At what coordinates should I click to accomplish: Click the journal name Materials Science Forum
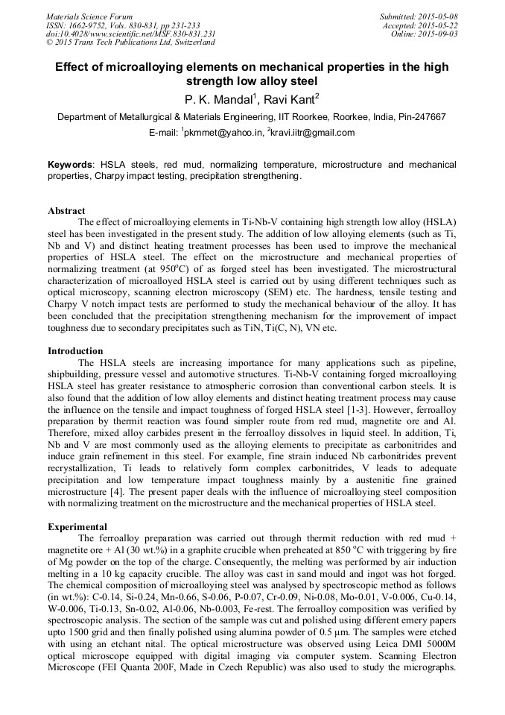89,16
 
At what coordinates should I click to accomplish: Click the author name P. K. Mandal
217,99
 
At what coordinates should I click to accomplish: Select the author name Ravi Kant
290,99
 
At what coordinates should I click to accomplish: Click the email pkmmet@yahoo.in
220,133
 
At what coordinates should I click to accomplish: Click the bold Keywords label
71,164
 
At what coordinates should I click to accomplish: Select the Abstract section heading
66,211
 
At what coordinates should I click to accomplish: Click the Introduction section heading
76,350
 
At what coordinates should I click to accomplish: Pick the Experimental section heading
77,526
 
